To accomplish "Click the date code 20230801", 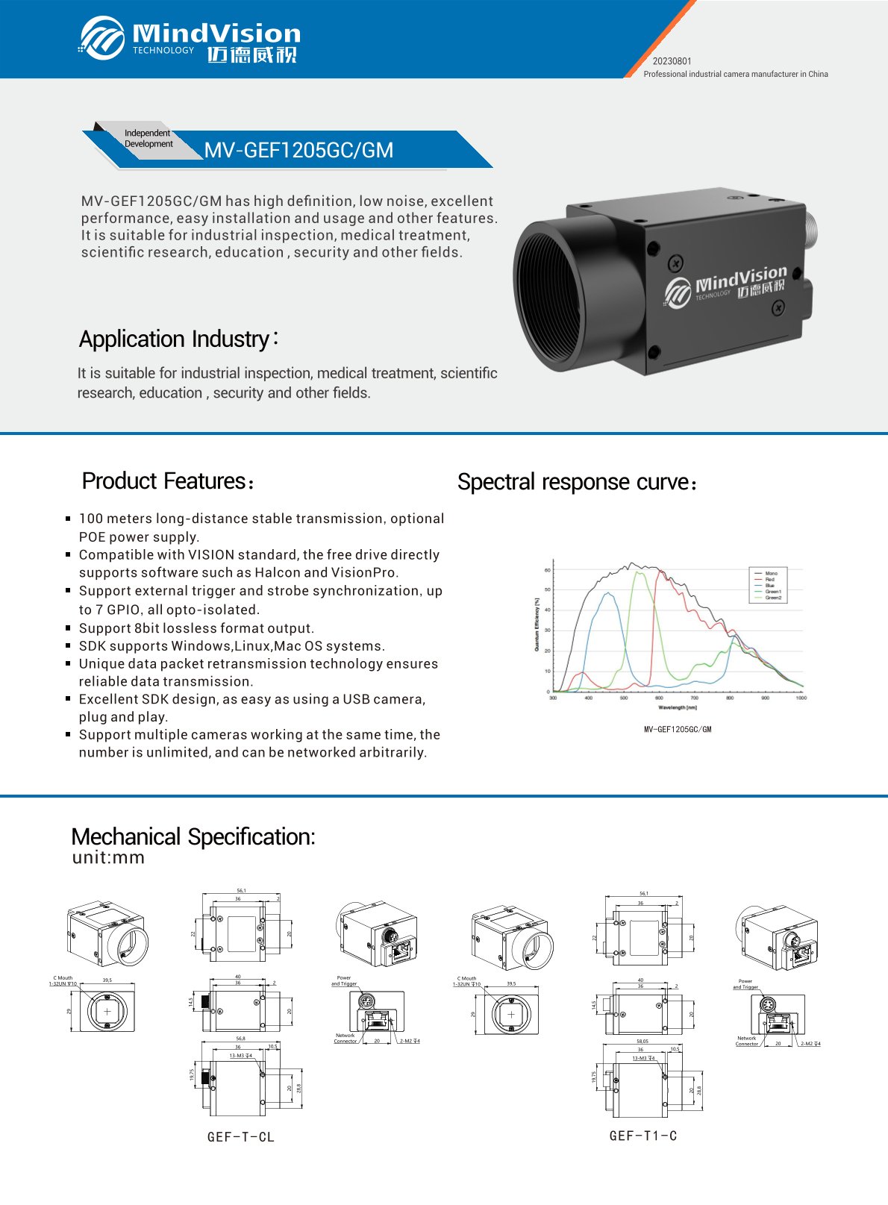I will pos(672,61).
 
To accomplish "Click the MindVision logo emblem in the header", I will pos(102,37).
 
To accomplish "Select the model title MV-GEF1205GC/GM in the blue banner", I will pos(298,150).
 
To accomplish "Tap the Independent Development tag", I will pos(148,139).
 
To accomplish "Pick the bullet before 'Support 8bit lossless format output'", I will pos(68,628).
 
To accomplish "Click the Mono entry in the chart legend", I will pos(771,573).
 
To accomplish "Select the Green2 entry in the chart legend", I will pos(773,598).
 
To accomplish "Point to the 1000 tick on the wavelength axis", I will pos(801,698).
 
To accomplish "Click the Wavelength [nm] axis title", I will pos(677,707).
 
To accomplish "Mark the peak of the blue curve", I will pos(609,593).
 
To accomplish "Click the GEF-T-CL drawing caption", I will pos(240,1137).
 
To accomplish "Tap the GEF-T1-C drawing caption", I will pos(642,1136).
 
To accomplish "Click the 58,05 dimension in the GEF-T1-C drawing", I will pos(642,1041).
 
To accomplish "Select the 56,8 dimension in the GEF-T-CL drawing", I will pos(240,1039).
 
